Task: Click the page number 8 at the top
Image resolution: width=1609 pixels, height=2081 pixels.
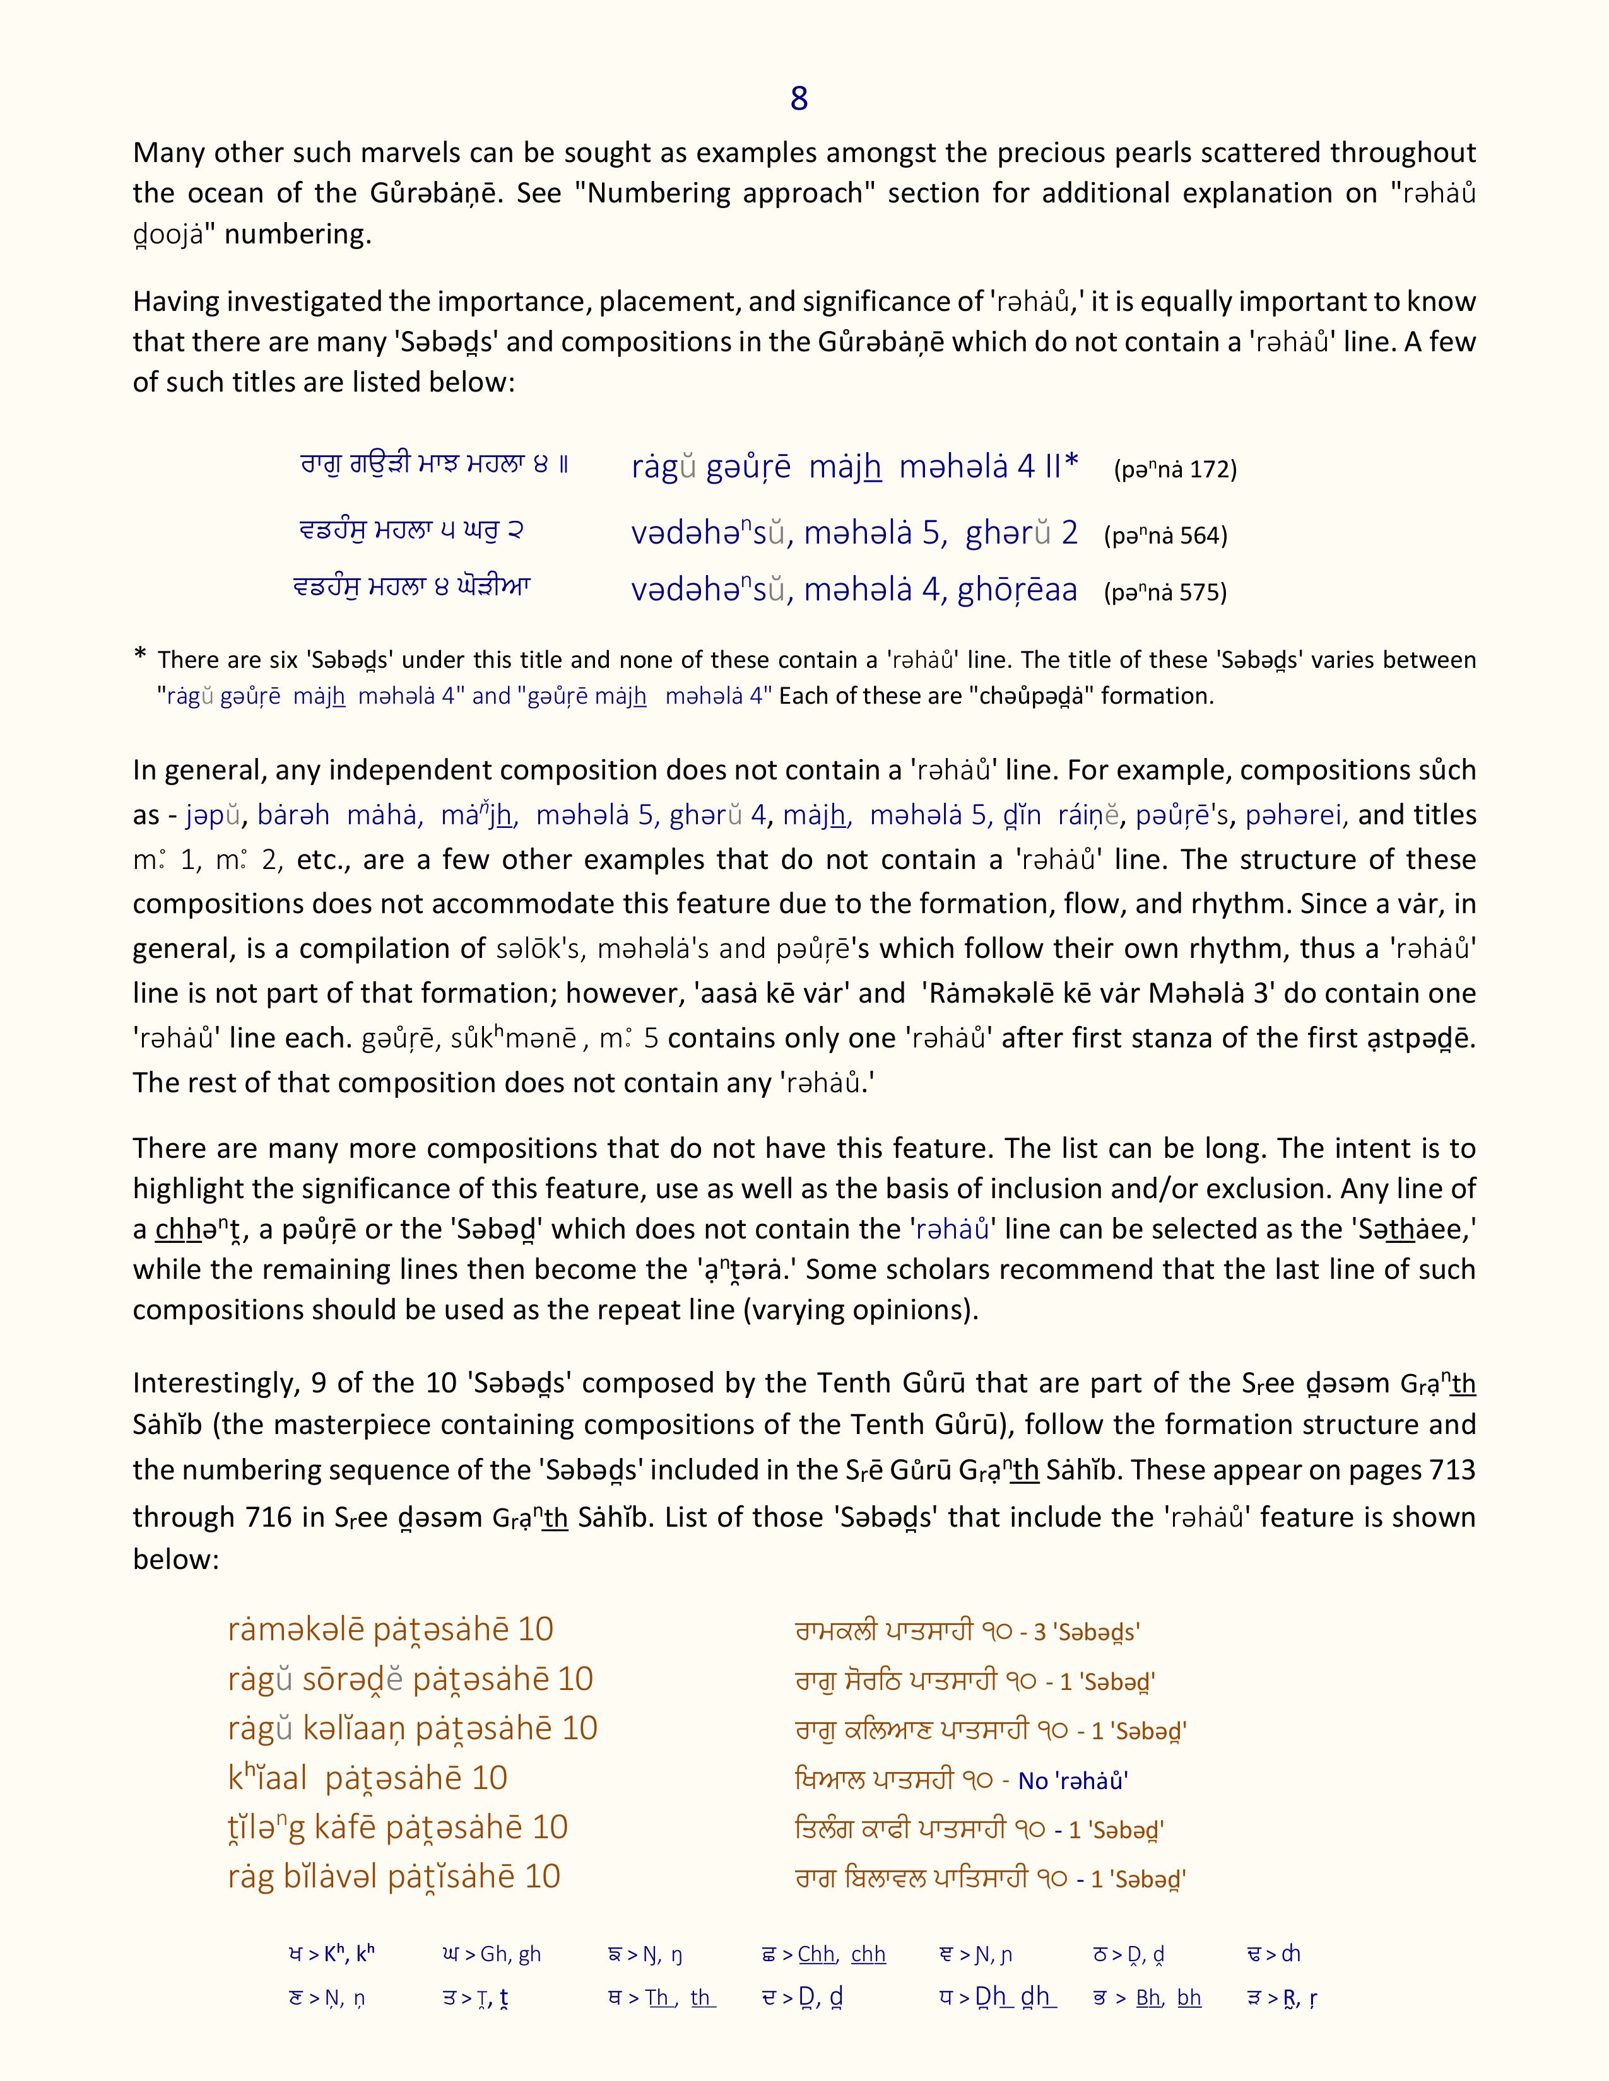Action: tap(799, 99)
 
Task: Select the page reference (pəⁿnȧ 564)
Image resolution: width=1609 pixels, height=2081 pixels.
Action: tap(1165, 535)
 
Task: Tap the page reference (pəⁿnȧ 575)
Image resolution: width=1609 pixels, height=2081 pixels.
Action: tap(1165, 593)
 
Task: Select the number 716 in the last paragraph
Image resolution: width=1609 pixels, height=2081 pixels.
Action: tap(260, 1517)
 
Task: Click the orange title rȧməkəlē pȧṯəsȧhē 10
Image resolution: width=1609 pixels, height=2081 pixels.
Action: tap(391, 1629)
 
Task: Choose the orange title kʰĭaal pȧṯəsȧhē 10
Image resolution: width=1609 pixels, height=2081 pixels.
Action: tap(367, 1778)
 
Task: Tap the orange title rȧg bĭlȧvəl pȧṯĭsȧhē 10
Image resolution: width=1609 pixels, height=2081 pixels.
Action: tap(394, 1877)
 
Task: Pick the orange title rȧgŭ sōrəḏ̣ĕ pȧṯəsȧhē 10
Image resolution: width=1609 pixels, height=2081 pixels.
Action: tap(410, 1679)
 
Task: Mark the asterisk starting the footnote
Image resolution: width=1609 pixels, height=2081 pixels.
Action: tap(141, 656)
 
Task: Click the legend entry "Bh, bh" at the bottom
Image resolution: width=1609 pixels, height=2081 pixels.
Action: tap(1169, 1998)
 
